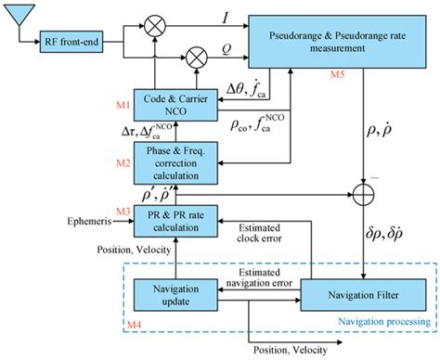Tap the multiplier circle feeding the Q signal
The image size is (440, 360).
click(197, 57)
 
